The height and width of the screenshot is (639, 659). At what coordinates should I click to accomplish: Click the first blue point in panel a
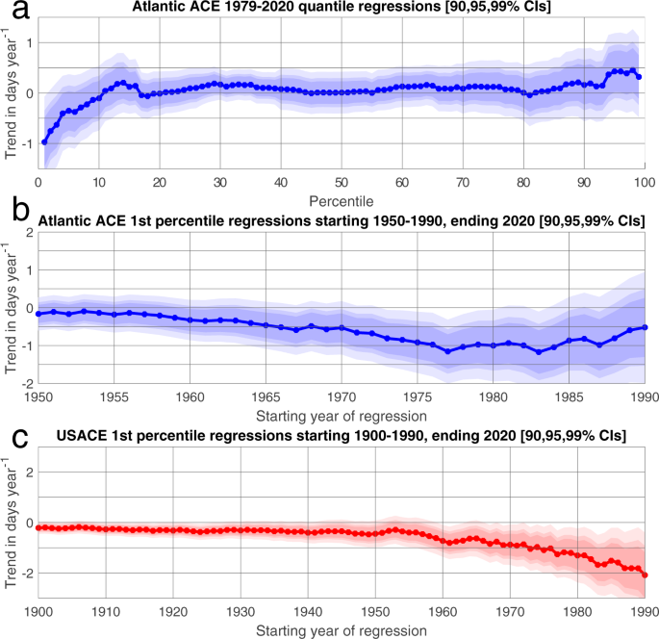pyautogui.click(x=44, y=141)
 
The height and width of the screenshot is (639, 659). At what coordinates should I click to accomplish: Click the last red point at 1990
pyautogui.click(x=645, y=575)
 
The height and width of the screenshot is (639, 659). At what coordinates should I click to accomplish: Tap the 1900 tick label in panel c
pyautogui.click(x=38, y=611)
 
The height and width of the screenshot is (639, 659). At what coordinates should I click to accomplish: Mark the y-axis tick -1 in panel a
pyautogui.click(x=26, y=143)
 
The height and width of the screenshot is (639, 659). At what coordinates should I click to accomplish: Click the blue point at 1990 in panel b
pyautogui.click(x=645, y=327)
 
